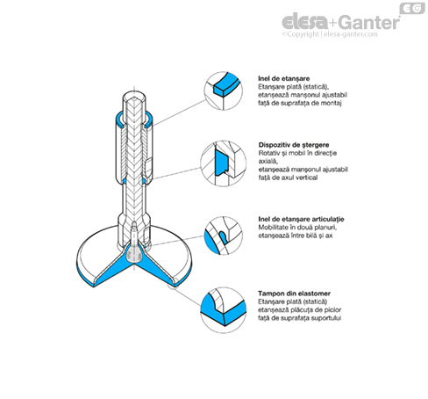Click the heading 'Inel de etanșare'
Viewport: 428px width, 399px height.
tap(283, 78)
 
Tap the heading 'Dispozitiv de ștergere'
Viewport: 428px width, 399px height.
tap(294, 145)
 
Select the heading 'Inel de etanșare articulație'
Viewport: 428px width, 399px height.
tap(301, 219)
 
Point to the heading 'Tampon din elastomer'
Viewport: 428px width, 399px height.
tap(294, 294)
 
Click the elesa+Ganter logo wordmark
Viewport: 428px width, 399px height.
tap(341, 22)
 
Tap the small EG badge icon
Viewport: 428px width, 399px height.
tap(412, 8)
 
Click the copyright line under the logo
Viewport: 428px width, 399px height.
tap(330, 34)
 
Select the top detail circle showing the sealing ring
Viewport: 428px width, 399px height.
tap(224, 91)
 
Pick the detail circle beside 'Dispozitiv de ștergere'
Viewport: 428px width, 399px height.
tap(224, 163)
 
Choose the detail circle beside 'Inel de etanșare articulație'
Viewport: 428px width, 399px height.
tap(224, 236)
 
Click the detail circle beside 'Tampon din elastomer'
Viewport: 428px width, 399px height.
tap(224, 310)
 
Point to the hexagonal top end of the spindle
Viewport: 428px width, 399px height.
tap(134, 96)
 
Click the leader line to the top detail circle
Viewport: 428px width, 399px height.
tap(179, 113)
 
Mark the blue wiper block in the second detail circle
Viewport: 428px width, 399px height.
tap(222, 162)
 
